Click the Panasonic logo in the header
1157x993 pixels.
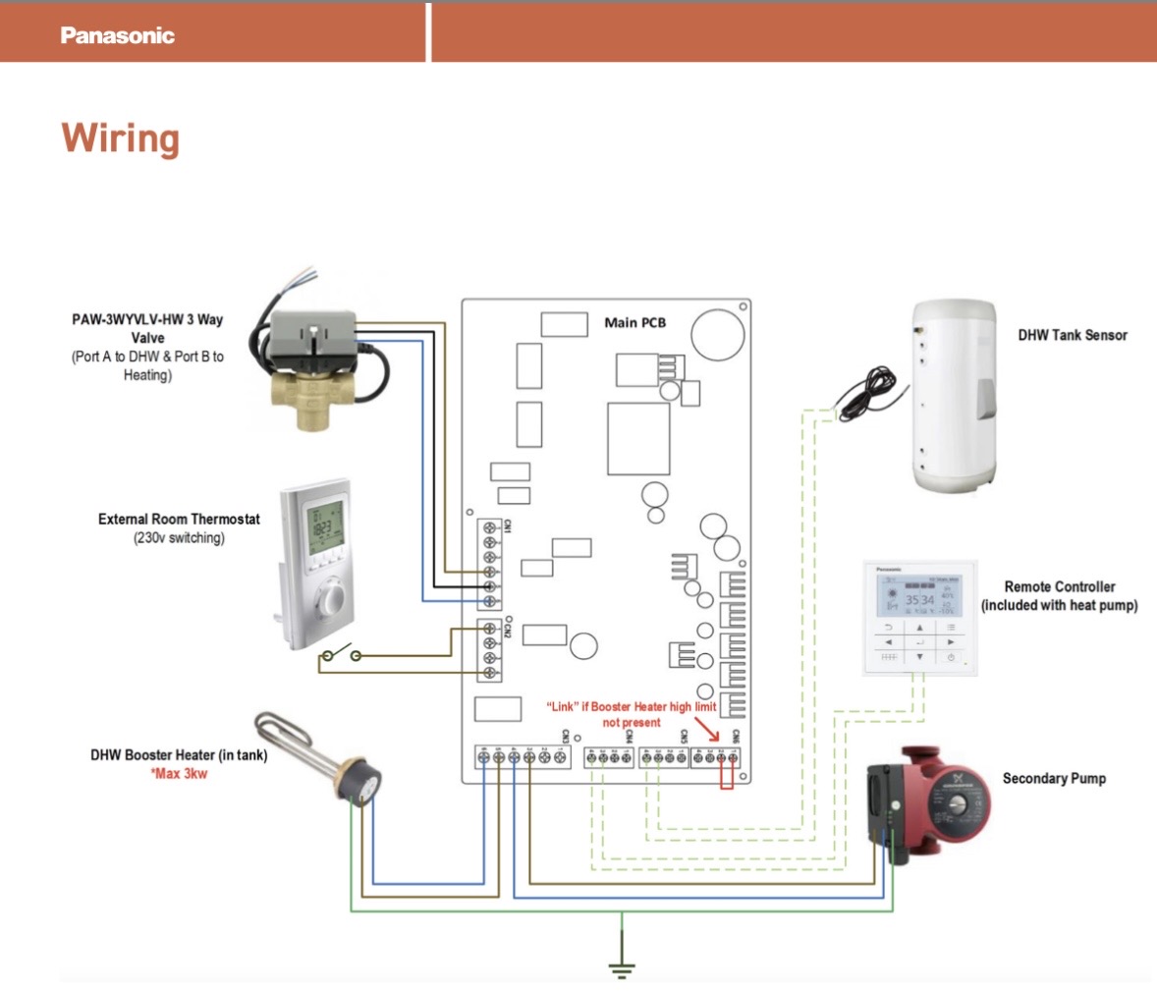[117, 35]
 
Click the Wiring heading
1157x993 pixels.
[120, 138]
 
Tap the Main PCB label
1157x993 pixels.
[634, 322]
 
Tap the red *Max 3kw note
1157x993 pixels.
[179, 774]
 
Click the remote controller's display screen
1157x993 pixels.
[918, 595]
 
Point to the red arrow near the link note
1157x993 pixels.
[707, 729]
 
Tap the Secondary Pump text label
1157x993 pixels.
[1054, 778]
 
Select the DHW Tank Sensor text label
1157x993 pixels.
[1073, 335]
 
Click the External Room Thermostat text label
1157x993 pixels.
[179, 519]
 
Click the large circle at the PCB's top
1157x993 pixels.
[717, 335]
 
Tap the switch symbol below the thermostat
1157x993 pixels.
[340, 655]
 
